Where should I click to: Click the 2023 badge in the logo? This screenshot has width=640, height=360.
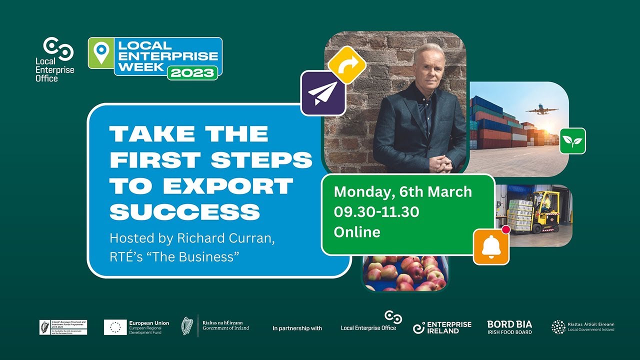coord(192,72)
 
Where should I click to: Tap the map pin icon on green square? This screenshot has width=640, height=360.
coord(101,53)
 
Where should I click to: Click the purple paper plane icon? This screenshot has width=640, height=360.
coord(322,93)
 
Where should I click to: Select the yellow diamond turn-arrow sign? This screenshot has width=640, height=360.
coord(347,64)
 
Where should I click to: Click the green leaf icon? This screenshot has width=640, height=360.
coord(572,141)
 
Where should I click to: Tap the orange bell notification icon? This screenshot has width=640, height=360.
coord(491,246)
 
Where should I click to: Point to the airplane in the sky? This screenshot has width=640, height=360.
coord(542,109)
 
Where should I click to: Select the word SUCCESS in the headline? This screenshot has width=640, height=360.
coord(185,212)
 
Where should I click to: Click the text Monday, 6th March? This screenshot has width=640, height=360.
coord(402,192)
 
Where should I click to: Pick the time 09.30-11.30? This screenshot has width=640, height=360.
coord(376,212)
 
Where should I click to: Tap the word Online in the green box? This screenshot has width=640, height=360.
coord(357,232)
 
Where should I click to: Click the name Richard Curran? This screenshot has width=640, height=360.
coord(225,238)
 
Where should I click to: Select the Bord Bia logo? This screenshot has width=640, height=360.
coord(509,327)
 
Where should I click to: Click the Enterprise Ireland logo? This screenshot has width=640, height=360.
coord(442,327)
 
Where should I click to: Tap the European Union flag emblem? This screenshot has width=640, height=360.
coord(115,327)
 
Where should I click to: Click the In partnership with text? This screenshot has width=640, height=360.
coord(297,328)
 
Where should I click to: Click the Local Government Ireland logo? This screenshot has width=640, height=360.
coord(583,327)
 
